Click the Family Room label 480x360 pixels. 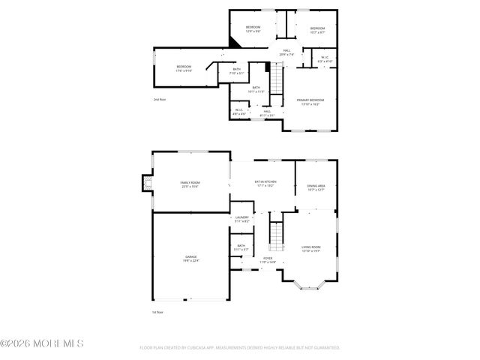click(x=190, y=184)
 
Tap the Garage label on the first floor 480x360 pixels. click(x=191, y=259)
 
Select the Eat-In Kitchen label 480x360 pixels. click(x=265, y=183)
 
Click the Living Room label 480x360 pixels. click(x=311, y=249)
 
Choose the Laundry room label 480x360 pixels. click(x=241, y=219)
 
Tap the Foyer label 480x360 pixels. click(x=268, y=260)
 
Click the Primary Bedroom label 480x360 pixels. click(x=310, y=101)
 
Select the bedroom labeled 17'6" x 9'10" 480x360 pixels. click(x=184, y=69)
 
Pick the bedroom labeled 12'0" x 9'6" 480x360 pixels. click(x=253, y=29)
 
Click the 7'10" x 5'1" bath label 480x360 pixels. click(x=236, y=71)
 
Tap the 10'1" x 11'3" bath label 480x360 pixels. click(x=256, y=89)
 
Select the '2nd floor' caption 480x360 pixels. click(x=159, y=99)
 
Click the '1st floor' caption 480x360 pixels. click(x=157, y=310)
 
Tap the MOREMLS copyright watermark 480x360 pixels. click(x=42, y=343)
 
